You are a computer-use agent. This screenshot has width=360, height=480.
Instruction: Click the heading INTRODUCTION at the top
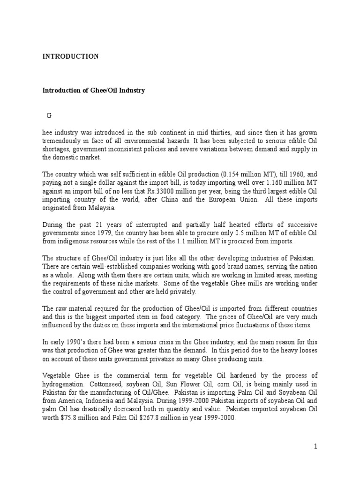(70, 56)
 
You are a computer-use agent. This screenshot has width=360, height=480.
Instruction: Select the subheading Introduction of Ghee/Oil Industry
(94, 90)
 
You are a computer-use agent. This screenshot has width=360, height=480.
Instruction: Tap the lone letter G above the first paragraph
(48, 116)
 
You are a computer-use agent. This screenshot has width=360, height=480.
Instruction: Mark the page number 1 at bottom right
(316, 446)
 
